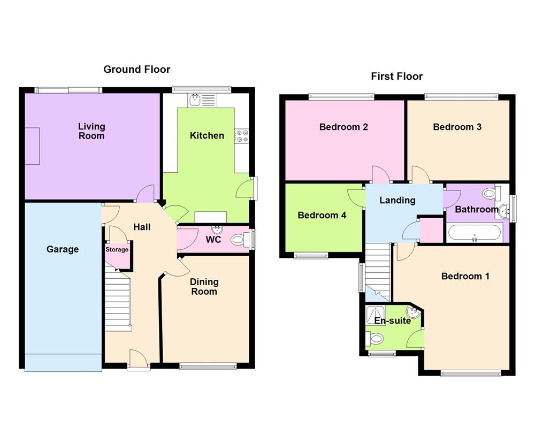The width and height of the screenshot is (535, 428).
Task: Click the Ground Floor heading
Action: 137,69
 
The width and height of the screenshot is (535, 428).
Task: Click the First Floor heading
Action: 397,77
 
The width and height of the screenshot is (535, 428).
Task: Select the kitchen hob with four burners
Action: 242,136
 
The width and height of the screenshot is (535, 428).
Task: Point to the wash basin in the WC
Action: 217,230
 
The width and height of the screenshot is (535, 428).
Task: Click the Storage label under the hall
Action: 117,249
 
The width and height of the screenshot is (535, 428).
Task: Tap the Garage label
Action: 63,249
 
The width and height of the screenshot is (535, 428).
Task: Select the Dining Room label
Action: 204,287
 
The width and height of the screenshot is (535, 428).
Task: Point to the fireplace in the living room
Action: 33,146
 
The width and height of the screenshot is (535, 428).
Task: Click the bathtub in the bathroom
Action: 475,233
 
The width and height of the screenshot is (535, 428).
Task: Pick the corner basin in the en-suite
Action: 414,312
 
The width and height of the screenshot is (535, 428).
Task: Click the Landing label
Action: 398,200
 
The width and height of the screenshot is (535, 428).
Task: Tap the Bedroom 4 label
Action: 322,216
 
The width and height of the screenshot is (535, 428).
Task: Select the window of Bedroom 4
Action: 311,256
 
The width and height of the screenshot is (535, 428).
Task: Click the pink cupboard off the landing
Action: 431,230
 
